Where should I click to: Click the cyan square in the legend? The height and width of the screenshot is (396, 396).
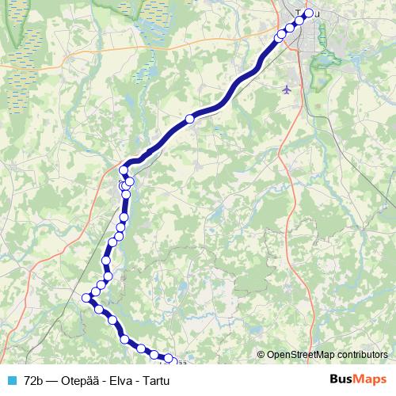point(11,380)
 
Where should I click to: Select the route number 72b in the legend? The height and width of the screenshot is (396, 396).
point(34,380)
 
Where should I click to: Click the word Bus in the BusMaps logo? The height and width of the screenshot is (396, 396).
point(343,379)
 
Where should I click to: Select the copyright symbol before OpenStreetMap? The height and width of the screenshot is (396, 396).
point(261,356)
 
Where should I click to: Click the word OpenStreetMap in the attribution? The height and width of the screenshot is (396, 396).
point(300,356)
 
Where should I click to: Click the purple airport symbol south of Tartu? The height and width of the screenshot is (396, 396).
point(287,90)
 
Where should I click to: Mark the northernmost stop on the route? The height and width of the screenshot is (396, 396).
point(309,12)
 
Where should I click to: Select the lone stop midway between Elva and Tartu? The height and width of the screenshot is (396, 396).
point(189,119)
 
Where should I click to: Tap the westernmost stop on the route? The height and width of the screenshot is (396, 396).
point(86,298)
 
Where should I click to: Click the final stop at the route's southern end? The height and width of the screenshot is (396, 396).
point(167,360)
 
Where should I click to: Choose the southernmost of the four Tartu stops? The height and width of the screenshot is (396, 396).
point(280,36)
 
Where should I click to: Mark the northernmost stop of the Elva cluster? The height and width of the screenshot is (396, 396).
point(124,171)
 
